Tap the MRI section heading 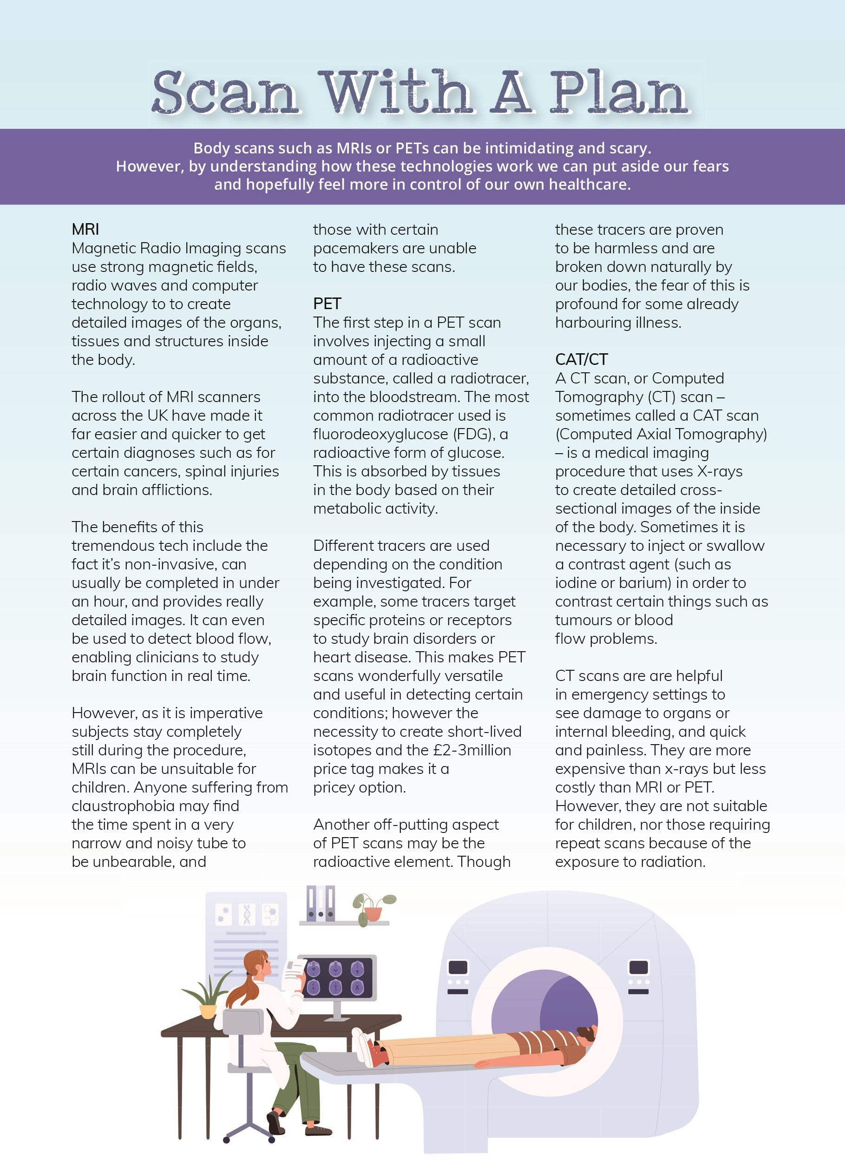85,229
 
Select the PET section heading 327,304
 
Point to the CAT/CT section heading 581,359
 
